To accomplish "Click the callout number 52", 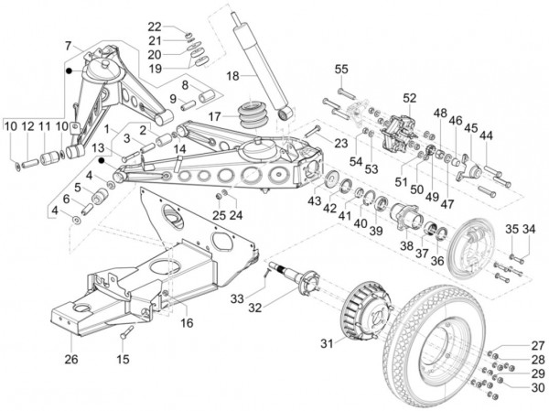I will pos(408,98).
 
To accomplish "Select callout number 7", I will pos(68,45).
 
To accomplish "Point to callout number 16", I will pos(187,323).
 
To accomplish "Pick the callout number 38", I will pos(403,246).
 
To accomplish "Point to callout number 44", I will pos(486,135).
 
